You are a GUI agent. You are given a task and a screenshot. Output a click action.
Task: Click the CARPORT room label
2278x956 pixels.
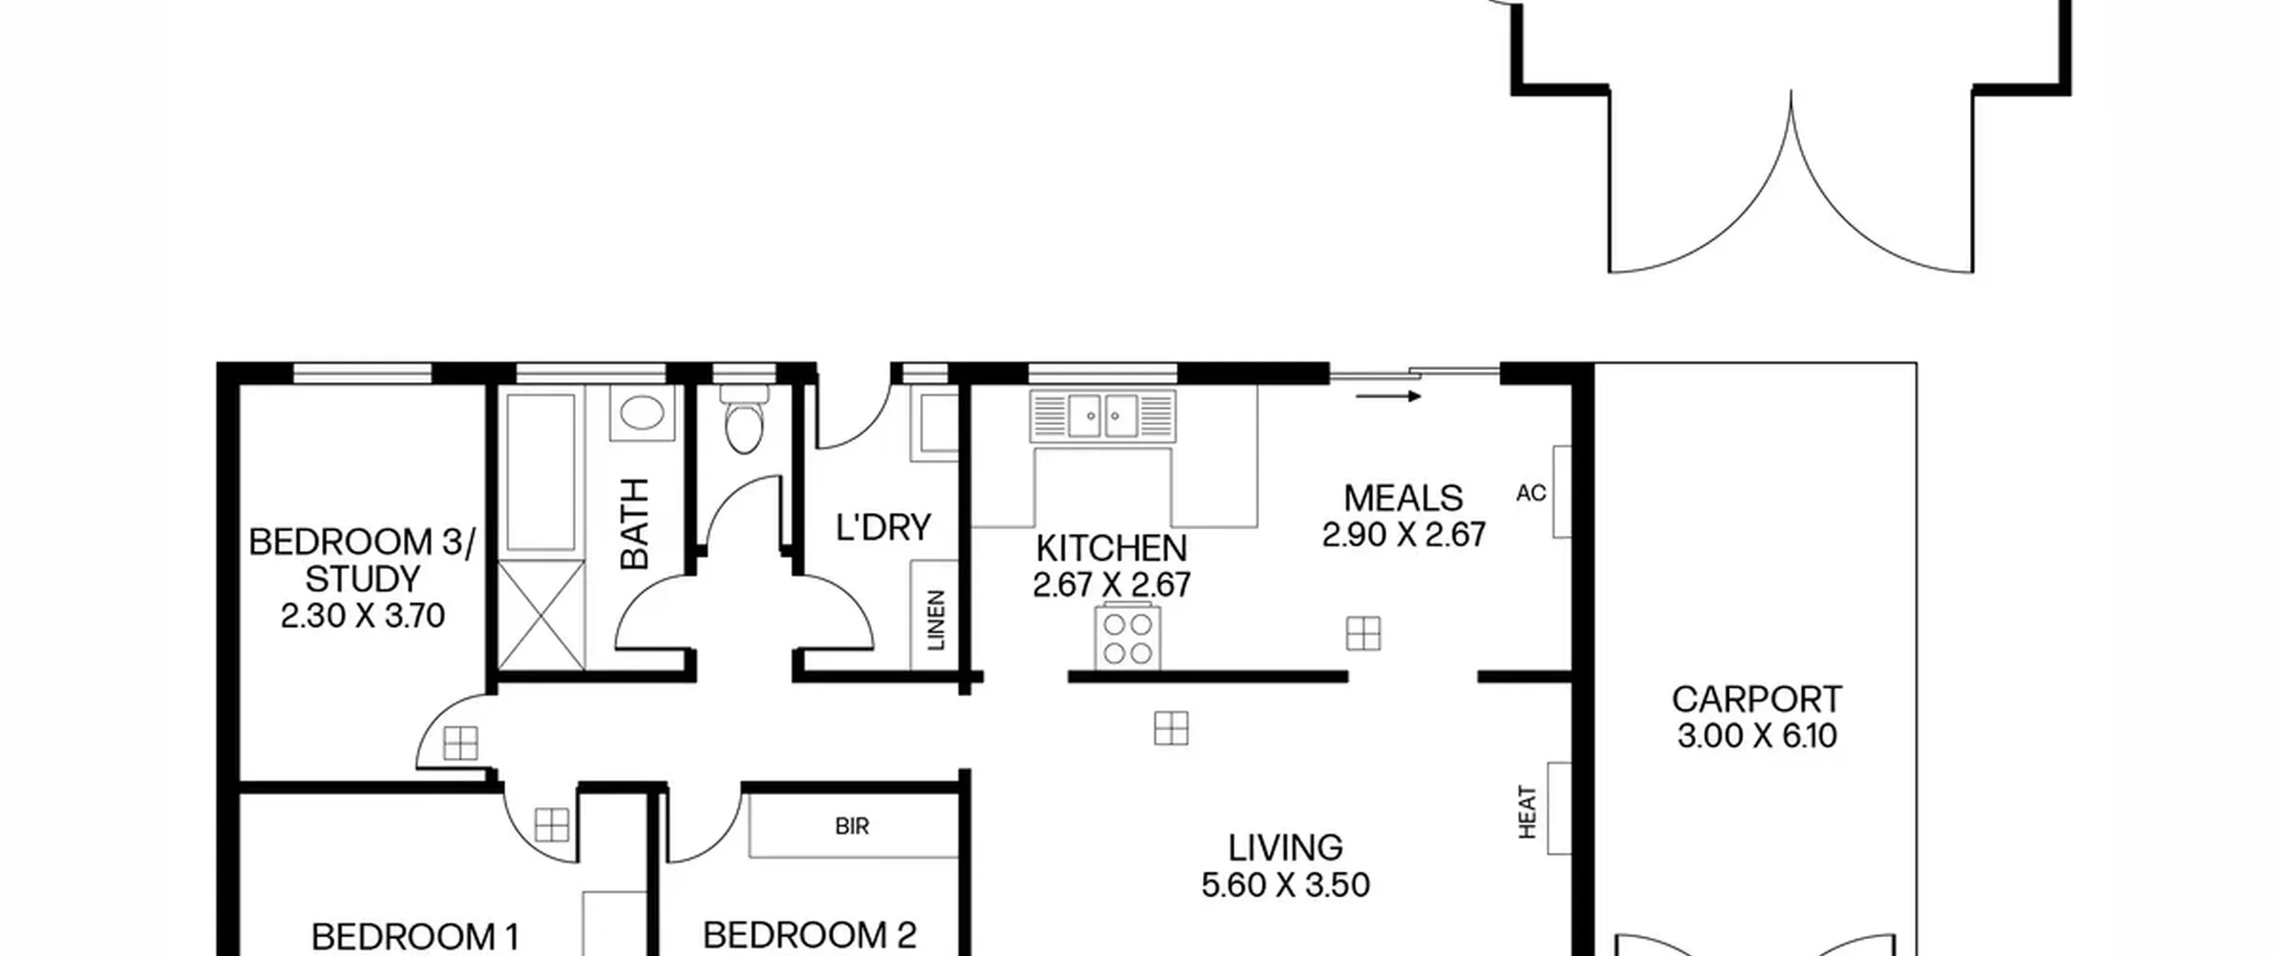click(1757, 700)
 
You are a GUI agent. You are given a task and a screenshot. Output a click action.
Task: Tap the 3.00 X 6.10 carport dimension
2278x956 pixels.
click(1757, 736)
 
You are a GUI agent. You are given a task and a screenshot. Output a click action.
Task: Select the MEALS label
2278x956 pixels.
click(1403, 498)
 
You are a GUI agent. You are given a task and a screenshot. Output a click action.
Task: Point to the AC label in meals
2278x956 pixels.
click(1531, 493)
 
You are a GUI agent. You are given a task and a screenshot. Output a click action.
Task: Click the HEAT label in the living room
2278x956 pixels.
click(1527, 811)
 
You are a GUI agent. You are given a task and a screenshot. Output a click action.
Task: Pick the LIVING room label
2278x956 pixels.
click(1285, 848)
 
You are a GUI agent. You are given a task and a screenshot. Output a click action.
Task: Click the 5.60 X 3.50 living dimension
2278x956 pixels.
click(1285, 885)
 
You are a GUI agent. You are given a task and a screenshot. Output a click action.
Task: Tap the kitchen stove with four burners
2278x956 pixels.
click(1128, 637)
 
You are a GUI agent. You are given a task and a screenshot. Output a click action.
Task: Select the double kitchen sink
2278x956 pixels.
click(1103, 415)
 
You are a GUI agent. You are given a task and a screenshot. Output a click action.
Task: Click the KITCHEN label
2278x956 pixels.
click(1111, 548)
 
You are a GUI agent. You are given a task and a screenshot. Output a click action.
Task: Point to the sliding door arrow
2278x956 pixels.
click(1388, 397)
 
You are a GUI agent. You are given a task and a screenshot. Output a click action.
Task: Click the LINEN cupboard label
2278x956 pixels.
click(935, 620)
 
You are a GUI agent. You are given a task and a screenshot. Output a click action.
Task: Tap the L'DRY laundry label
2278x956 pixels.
click(883, 527)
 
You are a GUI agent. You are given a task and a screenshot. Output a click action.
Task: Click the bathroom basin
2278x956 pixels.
click(642, 414)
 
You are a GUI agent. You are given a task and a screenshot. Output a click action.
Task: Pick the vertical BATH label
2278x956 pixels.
click(634, 523)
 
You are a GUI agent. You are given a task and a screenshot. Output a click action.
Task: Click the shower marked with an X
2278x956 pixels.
click(541, 615)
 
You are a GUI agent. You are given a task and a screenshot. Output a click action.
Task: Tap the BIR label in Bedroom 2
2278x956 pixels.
click(852, 826)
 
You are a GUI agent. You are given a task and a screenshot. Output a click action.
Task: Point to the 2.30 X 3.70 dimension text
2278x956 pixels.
click(362, 615)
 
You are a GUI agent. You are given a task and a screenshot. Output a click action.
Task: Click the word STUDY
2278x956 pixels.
click(362, 579)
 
